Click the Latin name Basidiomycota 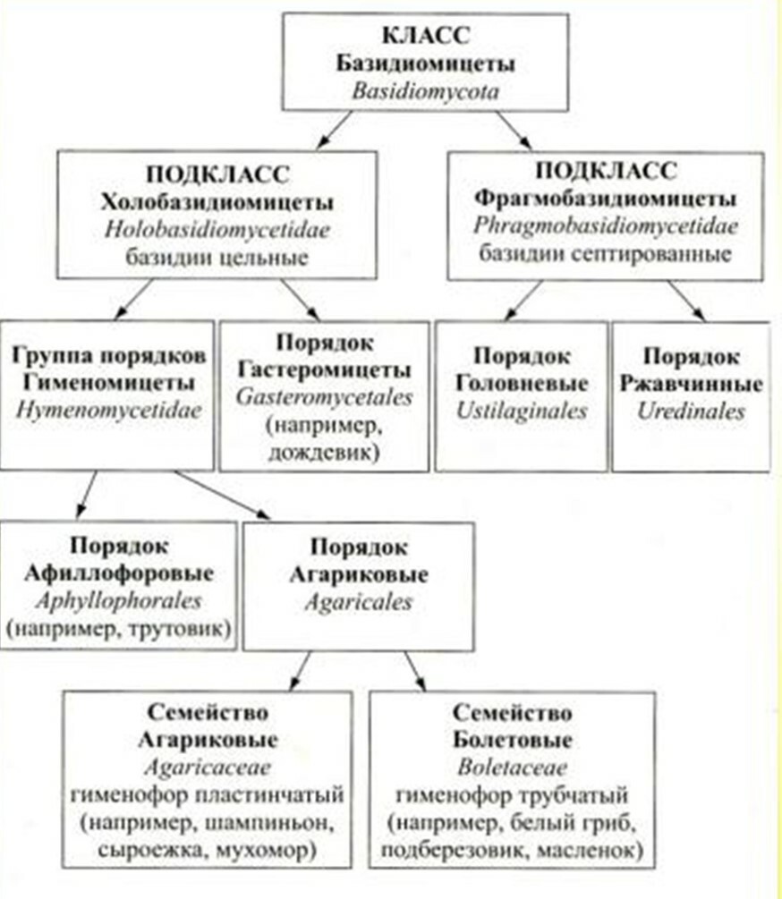coord(425,91)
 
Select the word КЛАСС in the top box coord(426,36)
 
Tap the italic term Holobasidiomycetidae coord(217,230)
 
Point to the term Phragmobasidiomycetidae coord(606,226)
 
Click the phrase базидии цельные coord(217,257)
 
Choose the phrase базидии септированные coord(606,253)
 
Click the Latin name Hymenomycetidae coord(109,411)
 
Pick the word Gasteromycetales coord(325,397)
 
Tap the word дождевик coord(325,453)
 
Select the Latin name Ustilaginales coord(522,411)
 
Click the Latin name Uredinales coord(691,411)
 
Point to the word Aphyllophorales coord(119,601)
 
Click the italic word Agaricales coord(359,602)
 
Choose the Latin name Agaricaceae coord(208,768)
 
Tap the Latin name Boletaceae coord(513,768)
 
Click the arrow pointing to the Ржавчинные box coord(686,301)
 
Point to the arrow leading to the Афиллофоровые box coord(87,494)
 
